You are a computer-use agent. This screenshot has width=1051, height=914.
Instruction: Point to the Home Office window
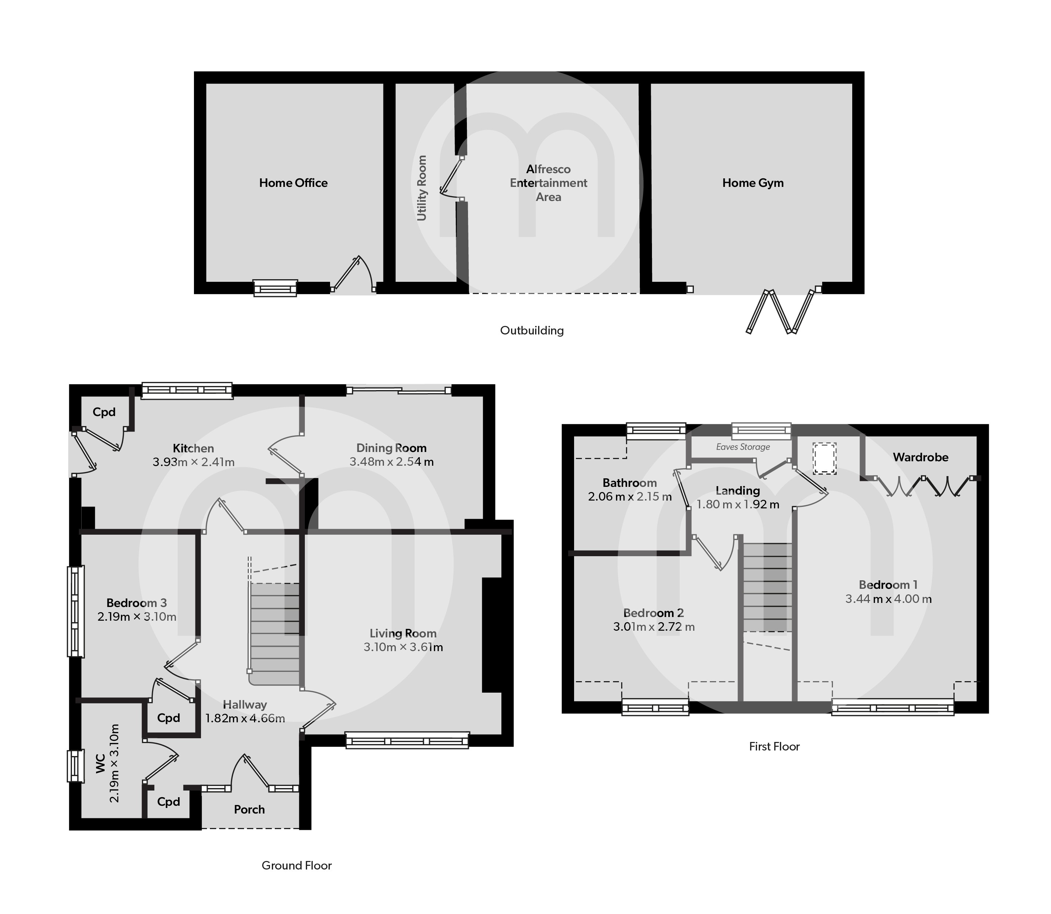click(276, 288)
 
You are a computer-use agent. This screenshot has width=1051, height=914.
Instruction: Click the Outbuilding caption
click(532, 330)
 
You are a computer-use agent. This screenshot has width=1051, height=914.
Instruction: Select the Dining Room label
click(391, 448)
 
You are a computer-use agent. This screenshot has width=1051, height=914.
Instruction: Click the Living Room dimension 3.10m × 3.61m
click(403, 648)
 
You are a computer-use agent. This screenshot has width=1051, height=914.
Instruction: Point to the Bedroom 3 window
click(76, 611)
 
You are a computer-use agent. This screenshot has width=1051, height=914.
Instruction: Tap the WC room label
click(101, 763)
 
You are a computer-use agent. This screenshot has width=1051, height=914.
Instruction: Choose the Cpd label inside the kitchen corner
click(104, 412)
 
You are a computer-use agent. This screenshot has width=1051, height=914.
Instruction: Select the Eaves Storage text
click(743, 447)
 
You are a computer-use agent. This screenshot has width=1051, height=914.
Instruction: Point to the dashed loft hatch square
click(824, 459)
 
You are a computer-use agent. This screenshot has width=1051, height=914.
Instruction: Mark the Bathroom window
click(656, 431)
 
